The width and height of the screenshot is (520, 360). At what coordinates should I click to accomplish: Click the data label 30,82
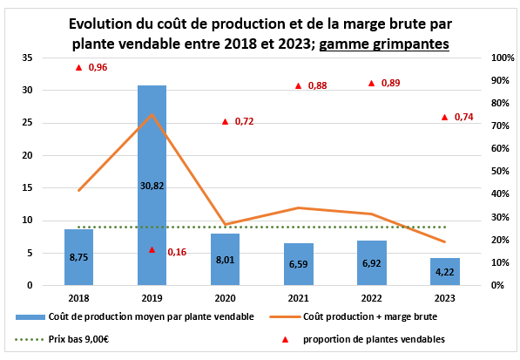click(152, 185)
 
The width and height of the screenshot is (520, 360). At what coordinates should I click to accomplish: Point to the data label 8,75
click(78, 257)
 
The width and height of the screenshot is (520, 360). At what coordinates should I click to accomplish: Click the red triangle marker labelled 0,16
click(152, 249)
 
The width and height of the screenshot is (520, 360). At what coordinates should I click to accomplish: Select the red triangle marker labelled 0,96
click(78, 67)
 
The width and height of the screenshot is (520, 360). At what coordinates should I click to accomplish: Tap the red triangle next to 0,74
click(445, 117)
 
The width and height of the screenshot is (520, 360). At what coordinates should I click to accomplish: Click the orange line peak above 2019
click(152, 114)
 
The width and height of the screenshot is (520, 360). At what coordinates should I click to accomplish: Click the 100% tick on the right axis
click(503, 58)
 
